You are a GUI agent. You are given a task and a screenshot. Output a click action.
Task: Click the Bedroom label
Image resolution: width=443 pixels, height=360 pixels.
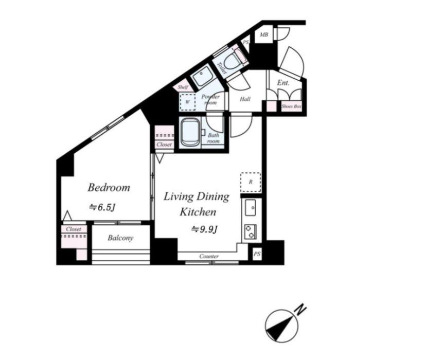[109, 188]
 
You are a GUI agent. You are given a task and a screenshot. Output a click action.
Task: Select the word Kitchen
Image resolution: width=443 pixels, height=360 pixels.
[198, 212]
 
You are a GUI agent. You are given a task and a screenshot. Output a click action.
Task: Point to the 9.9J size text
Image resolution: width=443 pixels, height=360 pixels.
[204, 229]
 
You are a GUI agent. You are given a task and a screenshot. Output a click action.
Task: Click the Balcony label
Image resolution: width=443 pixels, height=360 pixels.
[120, 238]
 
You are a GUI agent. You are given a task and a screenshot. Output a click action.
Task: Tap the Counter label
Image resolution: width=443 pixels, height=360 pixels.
[209, 257]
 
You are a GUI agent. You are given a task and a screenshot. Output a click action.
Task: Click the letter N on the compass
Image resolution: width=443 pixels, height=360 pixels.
[300, 309]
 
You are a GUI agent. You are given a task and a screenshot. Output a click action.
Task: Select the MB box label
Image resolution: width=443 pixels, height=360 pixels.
[264, 35]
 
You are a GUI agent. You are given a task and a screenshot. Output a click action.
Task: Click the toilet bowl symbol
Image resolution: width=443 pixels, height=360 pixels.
[233, 59]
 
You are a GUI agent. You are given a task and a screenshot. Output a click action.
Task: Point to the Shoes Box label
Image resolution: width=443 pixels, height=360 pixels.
[291, 106]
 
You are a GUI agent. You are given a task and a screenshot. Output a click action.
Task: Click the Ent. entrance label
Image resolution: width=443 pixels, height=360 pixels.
[283, 83]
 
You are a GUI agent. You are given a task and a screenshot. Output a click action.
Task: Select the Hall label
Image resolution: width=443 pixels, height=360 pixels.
[245, 99]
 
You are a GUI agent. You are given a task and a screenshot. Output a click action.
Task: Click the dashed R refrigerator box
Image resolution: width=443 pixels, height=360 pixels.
[251, 183]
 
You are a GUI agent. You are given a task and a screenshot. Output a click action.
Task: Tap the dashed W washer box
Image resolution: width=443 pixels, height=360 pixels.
[187, 102]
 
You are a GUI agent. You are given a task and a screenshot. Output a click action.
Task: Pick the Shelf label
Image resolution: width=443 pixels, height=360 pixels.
[183, 87]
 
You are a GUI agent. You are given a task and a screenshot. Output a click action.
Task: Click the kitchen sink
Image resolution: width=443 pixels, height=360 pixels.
[250, 208]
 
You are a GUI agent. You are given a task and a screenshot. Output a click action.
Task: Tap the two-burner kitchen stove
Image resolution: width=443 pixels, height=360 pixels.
[251, 231]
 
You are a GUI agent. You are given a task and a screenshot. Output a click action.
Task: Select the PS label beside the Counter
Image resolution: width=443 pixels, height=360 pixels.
[257, 254]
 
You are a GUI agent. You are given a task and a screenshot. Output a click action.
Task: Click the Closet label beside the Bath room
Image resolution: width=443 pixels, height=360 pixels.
[164, 145]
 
